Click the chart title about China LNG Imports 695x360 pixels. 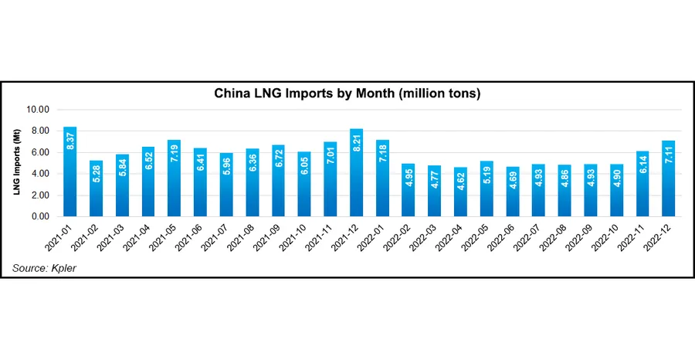(x=347, y=93)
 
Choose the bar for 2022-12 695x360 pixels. (x=668, y=178)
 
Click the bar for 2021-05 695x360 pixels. (x=174, y=178)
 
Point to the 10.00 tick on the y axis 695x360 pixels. (x=38, y=110)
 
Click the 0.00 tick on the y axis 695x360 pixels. (x=39, y=216)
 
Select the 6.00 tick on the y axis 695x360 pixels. (x=39, y=152)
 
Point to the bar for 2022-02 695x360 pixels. (x=408, y=190)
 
